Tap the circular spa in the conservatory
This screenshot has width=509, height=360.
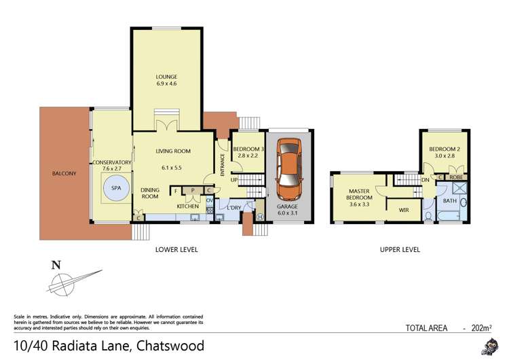115,187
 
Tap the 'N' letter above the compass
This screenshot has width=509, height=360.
56,265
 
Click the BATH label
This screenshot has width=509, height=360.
450,201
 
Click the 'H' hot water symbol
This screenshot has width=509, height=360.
260,217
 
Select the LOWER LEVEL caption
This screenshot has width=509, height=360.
176,250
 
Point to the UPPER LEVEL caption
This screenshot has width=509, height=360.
400,250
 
